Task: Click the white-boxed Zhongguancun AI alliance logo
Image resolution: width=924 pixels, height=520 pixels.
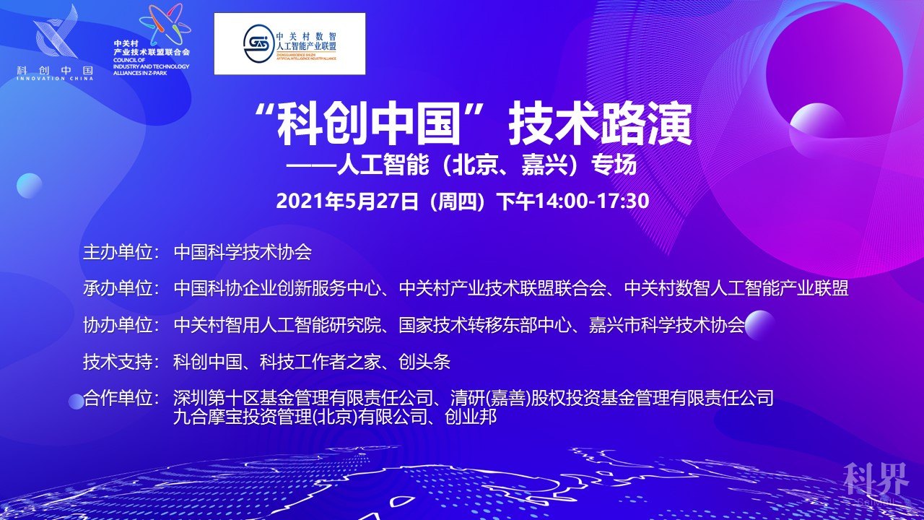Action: (x=289, y=44)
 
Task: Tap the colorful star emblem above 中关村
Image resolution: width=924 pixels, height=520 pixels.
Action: (x=165, y=25)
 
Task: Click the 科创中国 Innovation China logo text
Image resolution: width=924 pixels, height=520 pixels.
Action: (x=55, y=73)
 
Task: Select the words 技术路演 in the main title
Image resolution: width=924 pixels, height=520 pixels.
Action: (x=600, y=124)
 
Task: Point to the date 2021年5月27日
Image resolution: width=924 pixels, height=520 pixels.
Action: (x=347, y=201)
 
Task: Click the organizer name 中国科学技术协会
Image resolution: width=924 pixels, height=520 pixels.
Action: (x=243, y=252)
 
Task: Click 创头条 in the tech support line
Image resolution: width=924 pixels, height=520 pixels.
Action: (x=424, y=362)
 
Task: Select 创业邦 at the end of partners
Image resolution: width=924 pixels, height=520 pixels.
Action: (x=471, y=417)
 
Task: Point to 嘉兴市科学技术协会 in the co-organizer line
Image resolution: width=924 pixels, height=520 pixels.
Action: (x=666, y=325)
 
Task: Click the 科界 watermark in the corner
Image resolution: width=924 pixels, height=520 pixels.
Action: (x=876, y=479)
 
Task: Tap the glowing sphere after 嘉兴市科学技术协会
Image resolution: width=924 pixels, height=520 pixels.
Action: (x=760, y=325)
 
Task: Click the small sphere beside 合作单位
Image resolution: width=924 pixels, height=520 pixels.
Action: (x=77, y=402)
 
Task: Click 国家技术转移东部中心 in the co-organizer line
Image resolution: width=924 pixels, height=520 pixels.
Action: (x=485, y=325)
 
